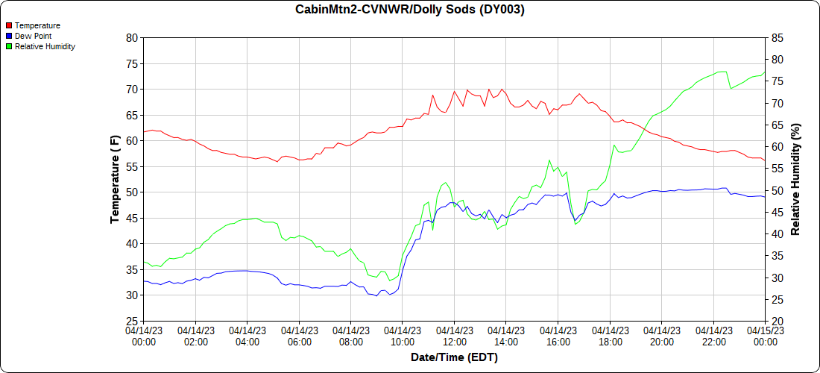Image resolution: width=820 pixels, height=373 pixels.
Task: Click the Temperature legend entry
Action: pos(37,25)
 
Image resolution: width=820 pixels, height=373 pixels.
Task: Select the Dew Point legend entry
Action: pos(33,36)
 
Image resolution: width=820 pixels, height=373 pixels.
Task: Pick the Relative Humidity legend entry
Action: pos(45,46)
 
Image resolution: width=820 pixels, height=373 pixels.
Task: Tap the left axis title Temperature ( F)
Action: pos(115,179)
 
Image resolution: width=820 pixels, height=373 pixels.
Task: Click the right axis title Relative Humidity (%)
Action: pos(795,179)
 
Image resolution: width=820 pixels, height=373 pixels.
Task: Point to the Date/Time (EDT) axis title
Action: pos(454,357)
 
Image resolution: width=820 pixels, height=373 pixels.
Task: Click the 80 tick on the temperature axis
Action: pos(132,37)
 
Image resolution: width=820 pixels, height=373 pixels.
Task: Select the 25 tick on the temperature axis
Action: pos(132,321)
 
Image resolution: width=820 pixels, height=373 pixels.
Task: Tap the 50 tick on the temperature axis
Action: pos(132,192)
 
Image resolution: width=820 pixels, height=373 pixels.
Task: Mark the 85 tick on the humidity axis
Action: pos(776,37)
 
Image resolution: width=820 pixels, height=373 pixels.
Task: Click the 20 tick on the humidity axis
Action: pos(776,321)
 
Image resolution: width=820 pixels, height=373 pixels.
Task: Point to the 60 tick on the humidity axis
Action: pos(776,146)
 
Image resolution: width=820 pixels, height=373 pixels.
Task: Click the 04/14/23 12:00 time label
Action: pos(454,336)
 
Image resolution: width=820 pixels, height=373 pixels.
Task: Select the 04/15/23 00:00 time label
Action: pos(765,336)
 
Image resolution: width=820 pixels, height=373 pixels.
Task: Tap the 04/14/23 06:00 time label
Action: pos(299,336)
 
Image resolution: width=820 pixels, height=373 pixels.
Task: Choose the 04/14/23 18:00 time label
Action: pos(610,336)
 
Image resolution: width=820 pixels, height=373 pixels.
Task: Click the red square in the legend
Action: pos(9,25)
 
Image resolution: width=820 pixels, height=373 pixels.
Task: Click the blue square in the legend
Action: pos(9,36)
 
